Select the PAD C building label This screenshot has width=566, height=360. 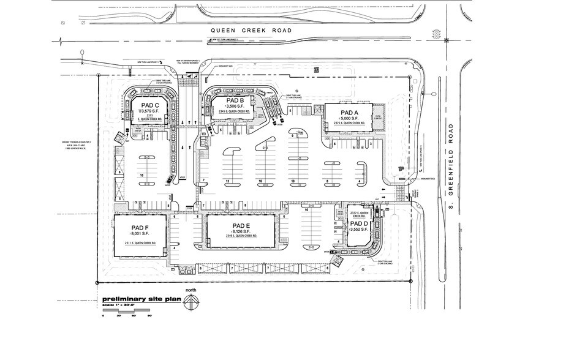click(x=150, y=105)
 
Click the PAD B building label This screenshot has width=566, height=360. click(x=235, y=100)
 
